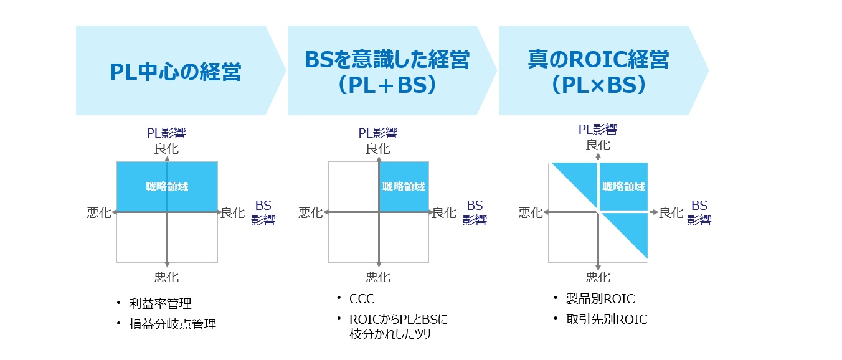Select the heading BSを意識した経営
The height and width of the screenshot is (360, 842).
(387, 60)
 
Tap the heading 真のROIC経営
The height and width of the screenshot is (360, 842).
(598, 60)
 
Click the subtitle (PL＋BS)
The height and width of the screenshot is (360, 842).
(387, 85)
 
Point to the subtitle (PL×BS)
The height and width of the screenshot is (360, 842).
(598, 85)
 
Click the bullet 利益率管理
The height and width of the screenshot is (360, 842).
(160, 304)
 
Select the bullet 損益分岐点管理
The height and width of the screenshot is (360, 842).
(173, 324)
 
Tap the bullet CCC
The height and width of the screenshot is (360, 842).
(362, 299)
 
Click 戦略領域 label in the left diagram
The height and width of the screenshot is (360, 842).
(167, 186)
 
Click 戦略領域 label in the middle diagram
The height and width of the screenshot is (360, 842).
(404, 186)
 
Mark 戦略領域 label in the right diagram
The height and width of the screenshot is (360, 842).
(623, 186)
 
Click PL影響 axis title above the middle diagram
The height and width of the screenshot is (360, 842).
(377, 133)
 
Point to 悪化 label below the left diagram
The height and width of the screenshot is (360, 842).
(167, 277)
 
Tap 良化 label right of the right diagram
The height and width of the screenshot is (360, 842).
(671, 213)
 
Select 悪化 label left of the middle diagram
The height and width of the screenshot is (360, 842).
(311, 213)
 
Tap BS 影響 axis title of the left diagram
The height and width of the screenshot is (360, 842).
(263, 213)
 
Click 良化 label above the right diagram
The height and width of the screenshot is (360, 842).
(598, 145)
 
